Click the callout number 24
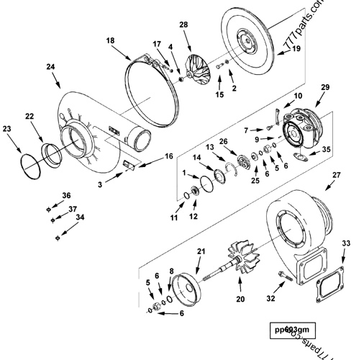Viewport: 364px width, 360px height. click(x=50, y=67)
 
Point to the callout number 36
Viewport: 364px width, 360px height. click(x=66, y=196)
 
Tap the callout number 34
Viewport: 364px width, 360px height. click(x=80, y=217)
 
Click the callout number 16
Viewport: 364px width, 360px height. click(x=169, y=156)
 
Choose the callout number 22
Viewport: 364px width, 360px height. click(x=29, y=117)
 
